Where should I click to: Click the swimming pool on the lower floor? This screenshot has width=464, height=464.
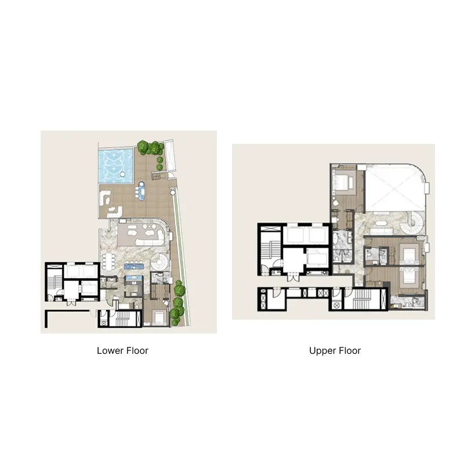pyautogui.click(x=115, y=165)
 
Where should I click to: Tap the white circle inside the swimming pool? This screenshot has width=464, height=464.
pyautogui.click(x=122, y=175)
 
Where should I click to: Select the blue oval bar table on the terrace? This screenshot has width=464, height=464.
pyautogui.click(x=142, y=191)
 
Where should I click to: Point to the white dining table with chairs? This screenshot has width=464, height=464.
pyautogui.click(x=108, y=262)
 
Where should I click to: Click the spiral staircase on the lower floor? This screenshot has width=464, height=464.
pyautogui.click(x=160, y=262)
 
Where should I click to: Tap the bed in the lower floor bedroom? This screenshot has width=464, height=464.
pyautogui.click(x=158, y=317)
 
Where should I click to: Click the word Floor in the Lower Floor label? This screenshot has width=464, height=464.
pyautogui.click(x=137, y=351)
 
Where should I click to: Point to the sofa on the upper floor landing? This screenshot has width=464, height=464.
pyautogui.click(x=380, y=231)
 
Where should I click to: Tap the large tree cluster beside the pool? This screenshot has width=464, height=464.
pyautogui.click(x=150, y=147)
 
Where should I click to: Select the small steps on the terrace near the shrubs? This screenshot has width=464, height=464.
pyautogui.click(x=156, y=176)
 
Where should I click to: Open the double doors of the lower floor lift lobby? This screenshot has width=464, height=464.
pyautogui.click(x=71, y=302)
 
